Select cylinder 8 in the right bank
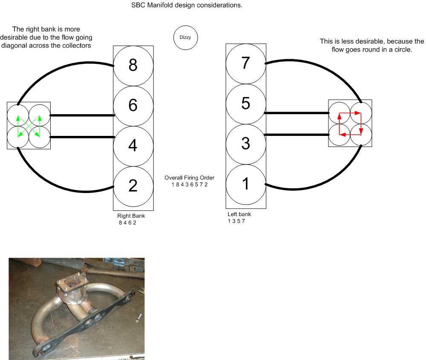(x=133, y=65)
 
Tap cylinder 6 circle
(x=133, y=105)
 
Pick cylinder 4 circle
(x=133, y=146)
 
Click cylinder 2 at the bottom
(x=133, y=185)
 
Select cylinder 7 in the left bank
(x=245, y=63)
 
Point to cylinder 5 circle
(x=245, y=104)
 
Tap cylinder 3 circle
(x=245, y=144)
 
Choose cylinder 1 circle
(x=245, y=184)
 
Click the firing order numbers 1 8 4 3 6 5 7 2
(x=190, y=184)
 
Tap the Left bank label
(x=239, y=214)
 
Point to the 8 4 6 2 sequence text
(x=128, y=222)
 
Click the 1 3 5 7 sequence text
(x=237, y=221)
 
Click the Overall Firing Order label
(x=190, y=178)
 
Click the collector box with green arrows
(x=29, y=126)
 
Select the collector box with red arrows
(x=350, y=124)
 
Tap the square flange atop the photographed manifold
(x=69, y=282)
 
